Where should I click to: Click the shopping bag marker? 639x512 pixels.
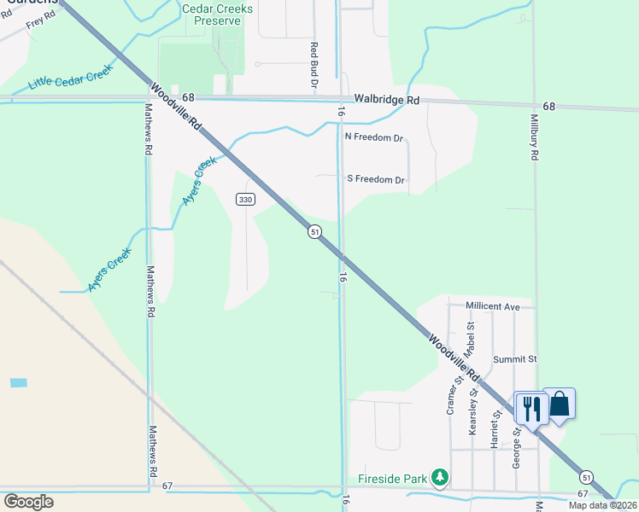560,403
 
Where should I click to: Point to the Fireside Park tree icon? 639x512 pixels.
439,477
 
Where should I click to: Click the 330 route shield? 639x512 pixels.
245,200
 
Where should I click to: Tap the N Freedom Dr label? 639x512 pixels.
373,137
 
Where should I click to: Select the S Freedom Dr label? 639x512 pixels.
375,179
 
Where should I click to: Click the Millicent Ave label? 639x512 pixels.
493,305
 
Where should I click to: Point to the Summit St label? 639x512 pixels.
513,360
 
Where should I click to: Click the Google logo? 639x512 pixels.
28,501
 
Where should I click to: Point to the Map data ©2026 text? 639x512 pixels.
603,505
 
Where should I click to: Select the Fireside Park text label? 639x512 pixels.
392,478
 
